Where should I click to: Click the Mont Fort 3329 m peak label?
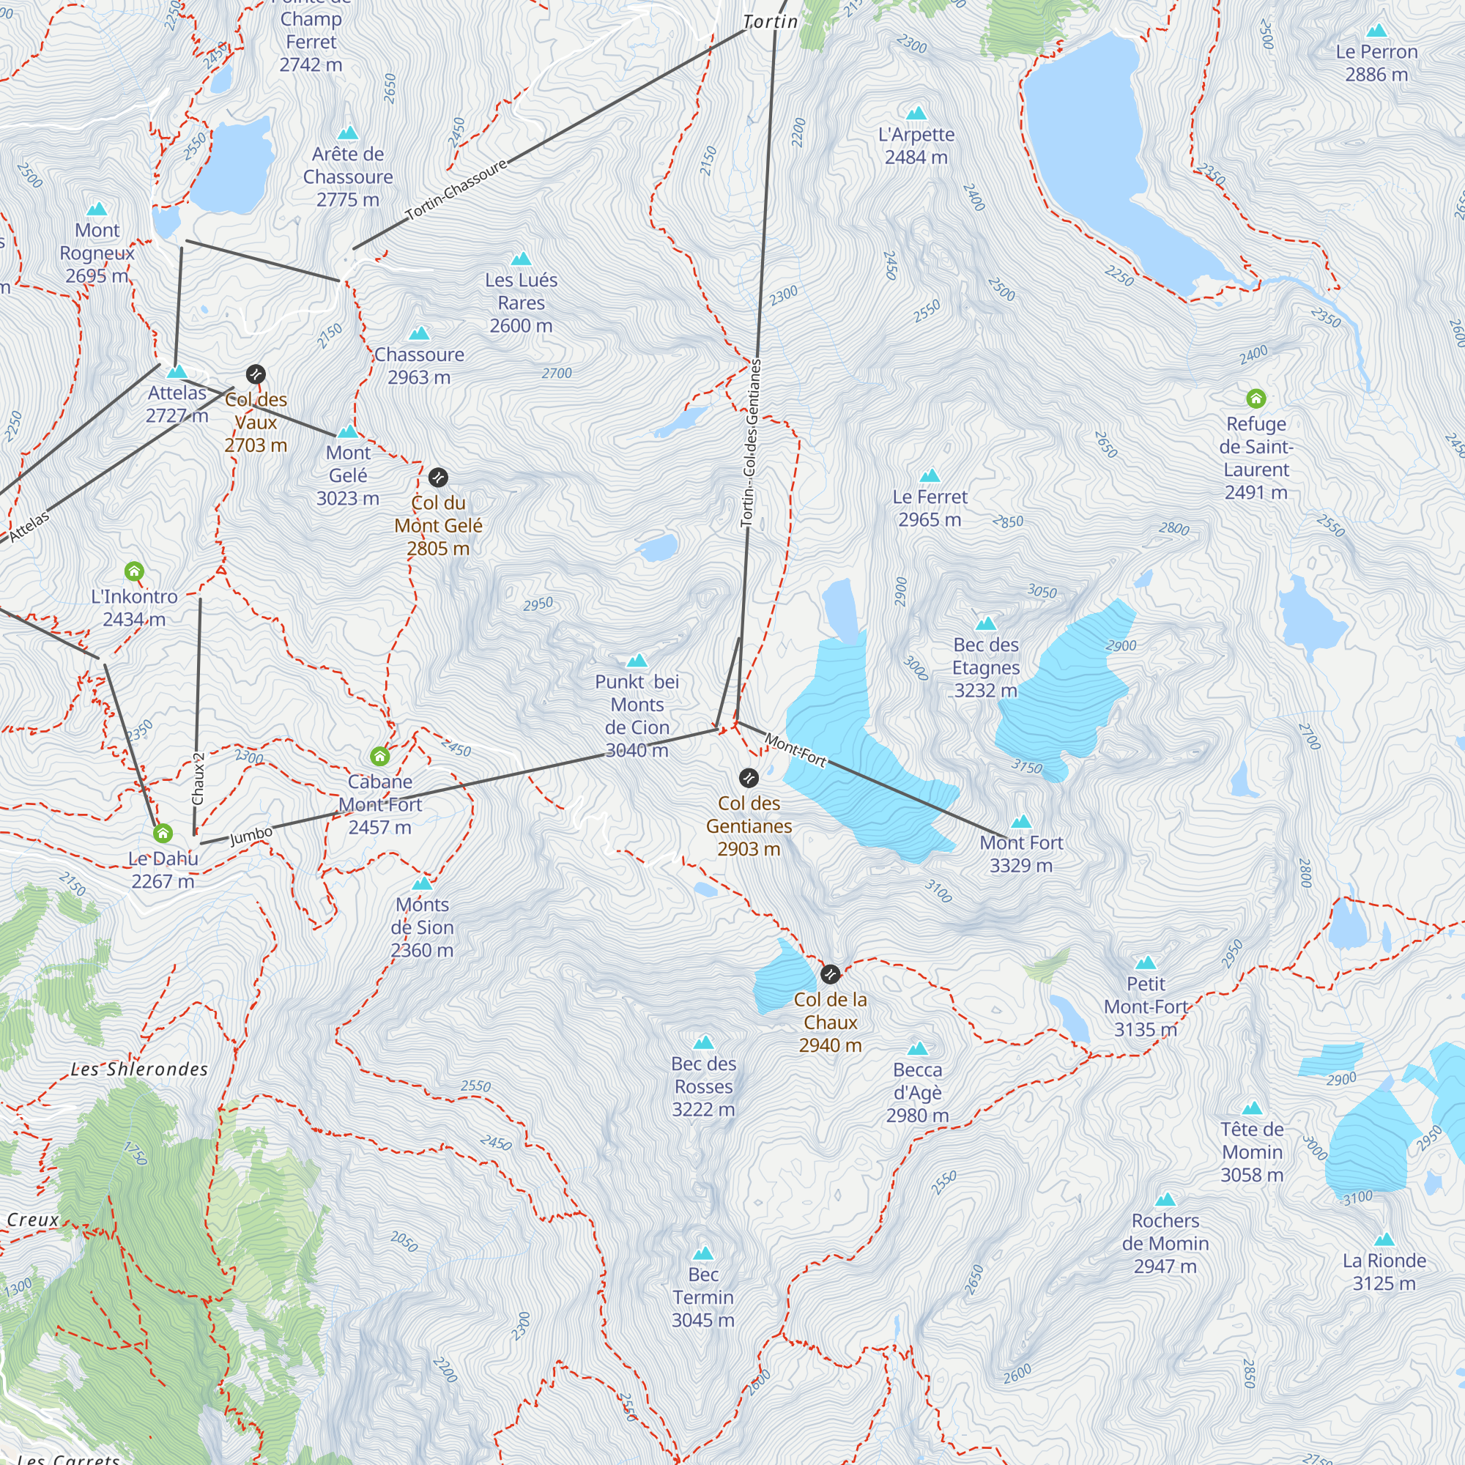coord(1020,854)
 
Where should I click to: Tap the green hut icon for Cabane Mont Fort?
coord(380,756)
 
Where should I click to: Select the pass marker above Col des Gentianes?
coord(749,778)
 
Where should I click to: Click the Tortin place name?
coord(771,22)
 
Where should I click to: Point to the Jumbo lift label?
coord(251,835)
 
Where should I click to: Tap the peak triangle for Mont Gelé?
coord(348,431)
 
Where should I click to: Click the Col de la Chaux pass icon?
coord(831,973)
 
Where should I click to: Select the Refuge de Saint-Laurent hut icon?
coord(1256,398)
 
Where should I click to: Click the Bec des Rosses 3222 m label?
coord(704,1086)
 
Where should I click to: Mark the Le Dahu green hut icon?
coord(163,834)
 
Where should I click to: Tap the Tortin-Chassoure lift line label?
coord(456,190)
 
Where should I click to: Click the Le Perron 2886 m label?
coord(1376,63)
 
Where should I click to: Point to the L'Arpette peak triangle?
coord(917,113)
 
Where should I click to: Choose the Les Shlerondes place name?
coord(139,1070)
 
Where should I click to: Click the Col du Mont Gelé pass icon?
coord(438,478)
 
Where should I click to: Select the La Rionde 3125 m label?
coord(1384,1272)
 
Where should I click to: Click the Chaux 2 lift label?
coord(198,779)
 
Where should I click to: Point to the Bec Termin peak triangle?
coord(703,1253)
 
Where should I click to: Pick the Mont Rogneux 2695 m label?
coord(97,253)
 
